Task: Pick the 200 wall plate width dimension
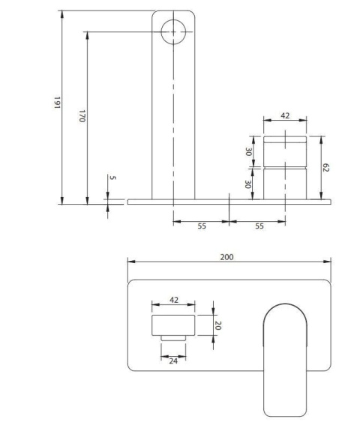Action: tap(227, 257)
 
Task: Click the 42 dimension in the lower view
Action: tap(174, 300)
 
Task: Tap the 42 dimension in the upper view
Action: tap(285, 115)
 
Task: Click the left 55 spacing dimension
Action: tap(201, 226)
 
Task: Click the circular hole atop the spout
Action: tap(173, 31)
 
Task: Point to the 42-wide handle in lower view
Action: tap(173, 326)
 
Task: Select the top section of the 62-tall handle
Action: tap(285, 151)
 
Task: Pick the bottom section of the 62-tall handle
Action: tap(285, 184)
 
